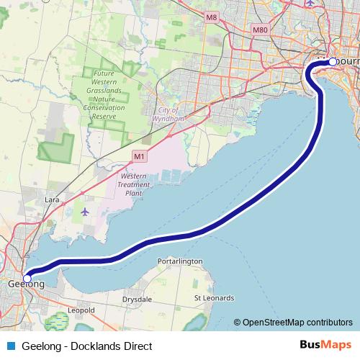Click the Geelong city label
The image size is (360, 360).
[26, 284]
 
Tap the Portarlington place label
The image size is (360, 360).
[179, 261]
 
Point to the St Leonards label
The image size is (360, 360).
[214, 297]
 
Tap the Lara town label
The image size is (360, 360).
[51, 198]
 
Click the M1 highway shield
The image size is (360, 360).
[139, 156]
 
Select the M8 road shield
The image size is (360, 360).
[211, 17]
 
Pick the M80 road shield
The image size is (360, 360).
[261, 30]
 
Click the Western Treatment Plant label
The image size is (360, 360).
[135, 184]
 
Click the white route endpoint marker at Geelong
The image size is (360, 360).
[27, 277]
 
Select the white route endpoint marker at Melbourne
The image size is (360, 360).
[332, 62]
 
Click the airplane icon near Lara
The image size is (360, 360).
[86, 212]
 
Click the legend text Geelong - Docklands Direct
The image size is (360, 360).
[87, 346]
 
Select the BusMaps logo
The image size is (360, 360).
[325, 346]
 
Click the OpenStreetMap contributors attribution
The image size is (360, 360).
[297, 323]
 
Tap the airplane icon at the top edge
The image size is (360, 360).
[310, 3]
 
